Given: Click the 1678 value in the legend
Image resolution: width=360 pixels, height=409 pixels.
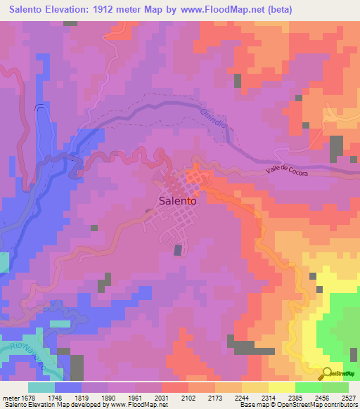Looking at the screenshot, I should point(25,397).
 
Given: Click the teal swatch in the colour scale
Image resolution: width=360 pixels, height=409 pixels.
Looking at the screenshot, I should point(41,387).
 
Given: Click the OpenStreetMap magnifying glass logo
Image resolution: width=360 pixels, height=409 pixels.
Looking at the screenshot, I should point(326,375).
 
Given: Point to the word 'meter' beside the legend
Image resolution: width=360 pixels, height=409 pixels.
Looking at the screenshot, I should point(10,397).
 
